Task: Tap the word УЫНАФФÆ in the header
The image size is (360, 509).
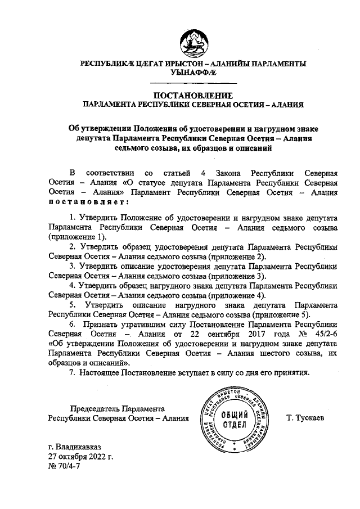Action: [x=193, y=73]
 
